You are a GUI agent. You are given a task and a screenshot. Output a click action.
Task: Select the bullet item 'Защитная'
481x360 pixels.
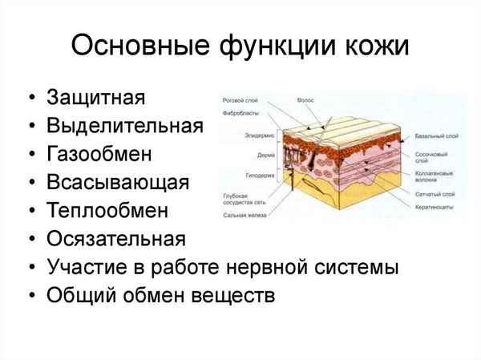click(x=95, y=98)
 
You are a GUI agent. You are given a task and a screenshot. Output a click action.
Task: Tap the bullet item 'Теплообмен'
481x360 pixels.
click(x=107, y=210)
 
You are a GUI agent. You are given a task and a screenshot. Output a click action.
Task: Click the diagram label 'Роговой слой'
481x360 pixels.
click(x=238, y=101)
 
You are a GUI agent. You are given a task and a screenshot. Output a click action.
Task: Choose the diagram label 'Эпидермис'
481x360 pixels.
click(x=259, y=136)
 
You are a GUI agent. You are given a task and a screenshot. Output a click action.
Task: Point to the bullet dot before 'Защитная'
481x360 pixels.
click(x=30, y=99)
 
